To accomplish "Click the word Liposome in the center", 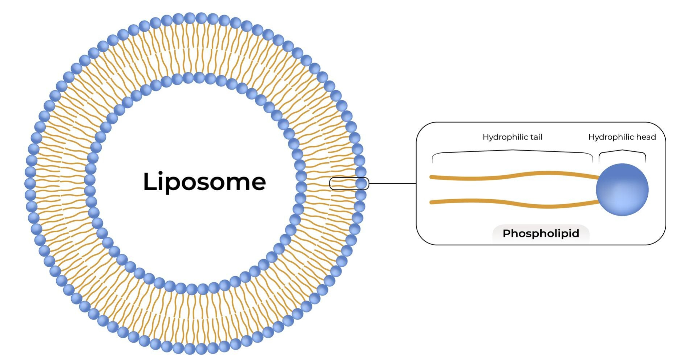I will [x=205, y=181].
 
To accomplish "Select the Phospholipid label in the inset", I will [x=541, y=233].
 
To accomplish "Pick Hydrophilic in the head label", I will [x=611, y=137].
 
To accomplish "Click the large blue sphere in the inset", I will [x=622, y=189].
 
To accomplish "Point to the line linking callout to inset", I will [x=392, y=184].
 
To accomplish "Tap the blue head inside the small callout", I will [x=361, y=184].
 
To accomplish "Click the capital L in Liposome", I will [x=150, y=181].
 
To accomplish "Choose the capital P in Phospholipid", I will [x=507, y=233].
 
